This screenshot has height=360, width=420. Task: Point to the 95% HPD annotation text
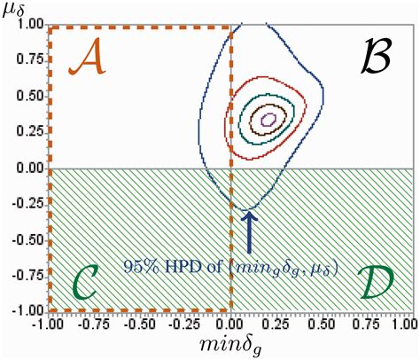tap(230, 265)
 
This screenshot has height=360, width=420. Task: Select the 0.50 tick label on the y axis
tap(30, 97)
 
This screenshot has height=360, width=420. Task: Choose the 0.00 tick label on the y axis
tap(30, 168)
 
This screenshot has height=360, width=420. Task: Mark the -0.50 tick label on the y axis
tap(28, 239)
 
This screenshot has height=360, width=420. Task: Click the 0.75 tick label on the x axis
tap(369, 325)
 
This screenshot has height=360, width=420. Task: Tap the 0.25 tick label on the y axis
tap(30, 132)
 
